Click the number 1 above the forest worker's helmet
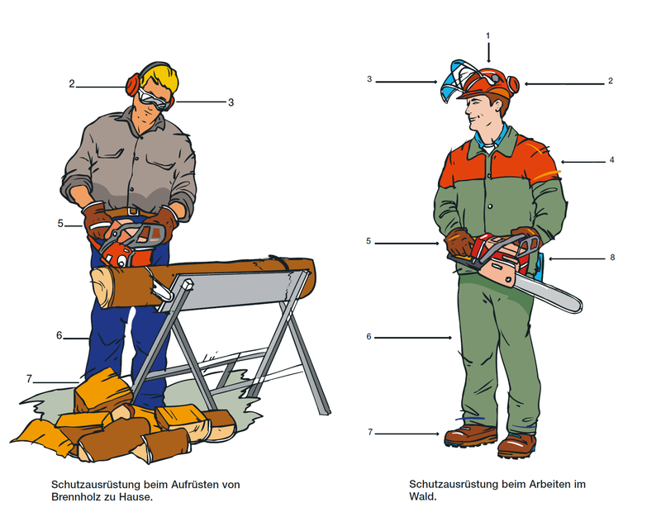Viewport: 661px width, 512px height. [x=488, y=36]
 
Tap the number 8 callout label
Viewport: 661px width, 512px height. [x=612, y=258]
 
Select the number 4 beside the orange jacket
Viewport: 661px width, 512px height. [x=611, y=160]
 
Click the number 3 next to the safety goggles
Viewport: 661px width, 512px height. [x=231, y=102]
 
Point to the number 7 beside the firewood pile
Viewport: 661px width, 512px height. [x=29, y=379]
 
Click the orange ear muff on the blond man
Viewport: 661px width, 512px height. [x=132, y=85]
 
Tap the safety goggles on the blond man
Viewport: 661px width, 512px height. [x=155, y=99]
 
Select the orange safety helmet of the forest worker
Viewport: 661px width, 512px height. [x=489, y=83]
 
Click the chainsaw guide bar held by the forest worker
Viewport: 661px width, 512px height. [x=548, y=294]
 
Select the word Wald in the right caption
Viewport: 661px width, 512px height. [x=422, y=496]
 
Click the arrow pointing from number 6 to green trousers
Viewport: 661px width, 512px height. [x=413, y=338]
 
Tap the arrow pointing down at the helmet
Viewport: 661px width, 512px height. [x=488, y=52]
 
